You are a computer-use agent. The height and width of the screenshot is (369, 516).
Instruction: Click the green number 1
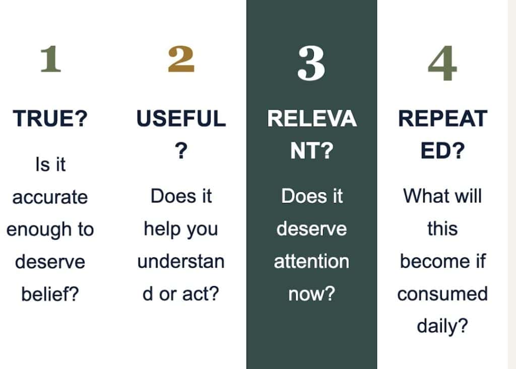[51, 59]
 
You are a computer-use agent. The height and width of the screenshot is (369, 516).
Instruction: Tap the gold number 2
[181, 59]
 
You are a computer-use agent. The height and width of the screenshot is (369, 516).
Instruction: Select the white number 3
[311, 63]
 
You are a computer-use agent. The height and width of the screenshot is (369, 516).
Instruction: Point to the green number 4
[442, 63]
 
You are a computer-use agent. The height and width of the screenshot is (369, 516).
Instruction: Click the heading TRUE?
[50, 118]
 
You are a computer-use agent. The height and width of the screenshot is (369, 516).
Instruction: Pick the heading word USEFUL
[181, 118]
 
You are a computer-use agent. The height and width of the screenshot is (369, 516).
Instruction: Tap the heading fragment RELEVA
[312, 118]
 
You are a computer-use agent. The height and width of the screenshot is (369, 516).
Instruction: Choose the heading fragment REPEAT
[442, 118]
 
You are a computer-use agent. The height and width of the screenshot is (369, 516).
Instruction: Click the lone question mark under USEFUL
[181, 151]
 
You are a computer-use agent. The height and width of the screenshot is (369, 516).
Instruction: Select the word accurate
[50, 197]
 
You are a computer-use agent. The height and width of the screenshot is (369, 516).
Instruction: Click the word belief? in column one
[50, 293]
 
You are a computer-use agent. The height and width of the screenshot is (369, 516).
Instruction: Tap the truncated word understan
[181, 261]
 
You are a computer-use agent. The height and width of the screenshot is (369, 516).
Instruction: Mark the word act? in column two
[201, 293]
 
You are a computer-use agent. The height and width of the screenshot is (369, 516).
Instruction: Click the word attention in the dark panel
[311, 261]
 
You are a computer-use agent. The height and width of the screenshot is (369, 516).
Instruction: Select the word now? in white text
[311, 293]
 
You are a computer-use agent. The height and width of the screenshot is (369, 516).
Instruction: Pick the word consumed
[442, 293]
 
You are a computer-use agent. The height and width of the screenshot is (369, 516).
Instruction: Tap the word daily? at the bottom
[442, 326]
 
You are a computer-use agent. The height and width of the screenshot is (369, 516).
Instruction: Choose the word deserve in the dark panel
[311, 229]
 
